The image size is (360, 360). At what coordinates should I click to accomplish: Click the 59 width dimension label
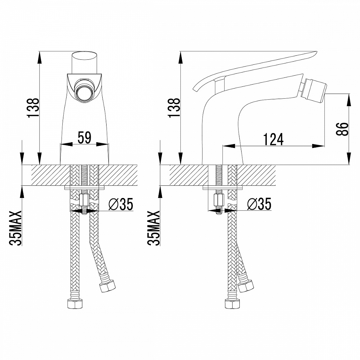coord(85,138)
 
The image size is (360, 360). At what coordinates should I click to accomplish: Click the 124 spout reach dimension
coord(273,139)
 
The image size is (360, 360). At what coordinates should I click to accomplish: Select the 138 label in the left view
coord(33,108)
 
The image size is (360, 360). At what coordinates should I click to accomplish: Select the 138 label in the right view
coord(174,108)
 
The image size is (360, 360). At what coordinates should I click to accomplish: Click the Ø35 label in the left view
coord(121,204)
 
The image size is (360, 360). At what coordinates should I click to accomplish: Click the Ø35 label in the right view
coord(259,204)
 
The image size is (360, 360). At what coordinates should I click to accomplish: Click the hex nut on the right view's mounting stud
coord(219,200)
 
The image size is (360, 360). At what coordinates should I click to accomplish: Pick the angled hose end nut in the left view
coord(107,285)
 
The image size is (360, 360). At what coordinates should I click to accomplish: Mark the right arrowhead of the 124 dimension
coord(318,146)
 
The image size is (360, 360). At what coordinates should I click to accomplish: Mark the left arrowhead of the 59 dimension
coord(66,144)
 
